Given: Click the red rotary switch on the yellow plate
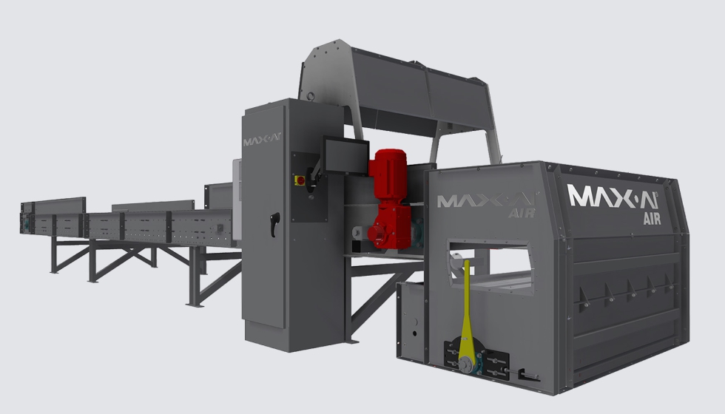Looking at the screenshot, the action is pyautogui.click(x=300, y=180).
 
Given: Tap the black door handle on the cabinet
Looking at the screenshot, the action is pyautogui.click(x=275, y=223).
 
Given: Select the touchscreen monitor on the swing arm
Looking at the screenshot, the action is pyautogui.click(x=346, y=155).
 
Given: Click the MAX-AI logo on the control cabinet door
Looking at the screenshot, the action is pyautogui.click(x=262, y=139).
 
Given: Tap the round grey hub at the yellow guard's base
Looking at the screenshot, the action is pyautogui.click(x=465, y=364).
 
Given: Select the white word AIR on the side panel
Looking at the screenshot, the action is pyautogui.click(x=652, y=219).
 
